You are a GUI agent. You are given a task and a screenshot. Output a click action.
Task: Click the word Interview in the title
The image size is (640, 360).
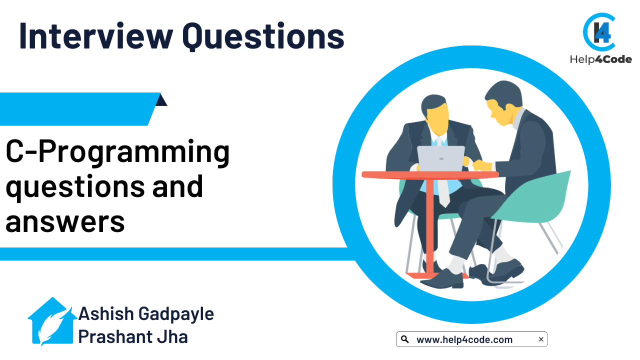click(96, 36)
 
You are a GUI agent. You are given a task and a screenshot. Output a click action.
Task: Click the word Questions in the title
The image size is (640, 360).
click(263, 37)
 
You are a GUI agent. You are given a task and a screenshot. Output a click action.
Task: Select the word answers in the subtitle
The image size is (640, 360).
click(65, 222)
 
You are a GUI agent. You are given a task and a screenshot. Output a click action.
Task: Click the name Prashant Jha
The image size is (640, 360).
click(133, 336)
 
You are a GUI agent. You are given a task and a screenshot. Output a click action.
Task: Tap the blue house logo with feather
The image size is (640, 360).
click(52, 321)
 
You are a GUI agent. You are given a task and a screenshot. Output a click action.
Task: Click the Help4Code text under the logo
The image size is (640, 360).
click(601, 59)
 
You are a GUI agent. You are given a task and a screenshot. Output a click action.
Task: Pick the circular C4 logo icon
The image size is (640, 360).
click(599, 32)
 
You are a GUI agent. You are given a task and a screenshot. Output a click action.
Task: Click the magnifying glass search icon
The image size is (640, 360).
click(404, 339)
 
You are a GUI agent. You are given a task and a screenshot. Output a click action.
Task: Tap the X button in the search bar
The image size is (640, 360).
click(541, 339)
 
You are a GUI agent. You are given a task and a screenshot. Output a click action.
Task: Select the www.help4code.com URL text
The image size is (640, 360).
click(464, 339)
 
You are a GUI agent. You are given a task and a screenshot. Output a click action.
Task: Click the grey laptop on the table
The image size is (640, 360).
click(441, 159)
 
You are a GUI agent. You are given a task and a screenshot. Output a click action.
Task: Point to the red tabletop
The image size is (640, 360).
click(430, 175)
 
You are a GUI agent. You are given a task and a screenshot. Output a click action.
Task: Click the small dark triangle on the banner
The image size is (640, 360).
click(161, 100)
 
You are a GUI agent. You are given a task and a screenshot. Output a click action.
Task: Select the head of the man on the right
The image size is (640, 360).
click(503, 103)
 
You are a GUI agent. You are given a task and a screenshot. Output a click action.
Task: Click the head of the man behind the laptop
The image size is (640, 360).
click(434, 114)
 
